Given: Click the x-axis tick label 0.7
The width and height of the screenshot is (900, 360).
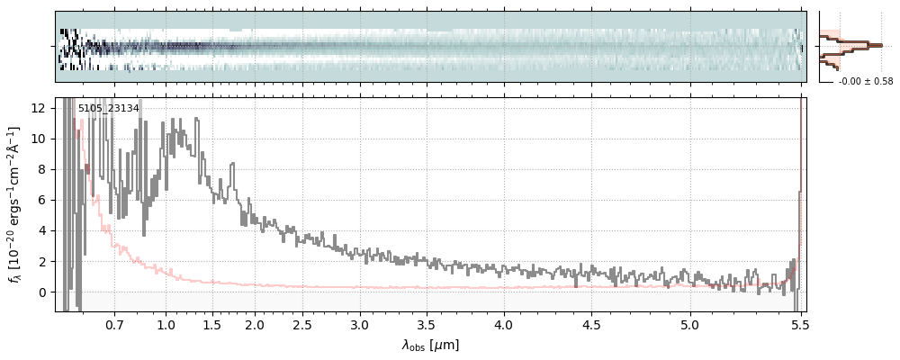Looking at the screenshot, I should click(x=114, y=324).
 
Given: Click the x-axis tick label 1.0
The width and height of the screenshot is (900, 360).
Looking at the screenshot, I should click(x=166, y=324).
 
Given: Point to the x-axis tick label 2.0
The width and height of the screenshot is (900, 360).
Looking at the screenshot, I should click(x=255, y=324).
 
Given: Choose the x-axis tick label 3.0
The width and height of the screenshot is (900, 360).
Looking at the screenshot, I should click(x=359, y=324).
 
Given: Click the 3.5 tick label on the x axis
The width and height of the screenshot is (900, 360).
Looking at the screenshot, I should click(x=427, y=324).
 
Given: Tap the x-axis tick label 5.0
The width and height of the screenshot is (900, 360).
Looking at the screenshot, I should click(x=689, y=324).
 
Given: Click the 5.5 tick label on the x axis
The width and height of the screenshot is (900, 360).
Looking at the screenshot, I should click(x=799, y=324).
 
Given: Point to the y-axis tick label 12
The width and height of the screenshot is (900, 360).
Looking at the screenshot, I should click(x=39, y=108).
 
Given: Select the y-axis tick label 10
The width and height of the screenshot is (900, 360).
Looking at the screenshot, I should click(x=39, y=139).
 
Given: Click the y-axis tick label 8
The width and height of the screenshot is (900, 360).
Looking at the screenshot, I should click(x=42, y=169).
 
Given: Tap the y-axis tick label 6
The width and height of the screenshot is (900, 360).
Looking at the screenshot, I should click(x=42, y=200).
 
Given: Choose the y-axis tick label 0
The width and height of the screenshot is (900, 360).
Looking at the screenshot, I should click(x=42, y=292).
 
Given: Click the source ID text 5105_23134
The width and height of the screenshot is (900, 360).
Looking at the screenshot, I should click(x=108, y=109).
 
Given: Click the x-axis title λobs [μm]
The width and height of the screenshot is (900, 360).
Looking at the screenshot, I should click(x=430, y=345).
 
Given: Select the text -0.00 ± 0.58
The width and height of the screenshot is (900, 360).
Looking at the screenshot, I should click(x=866, y=82).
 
